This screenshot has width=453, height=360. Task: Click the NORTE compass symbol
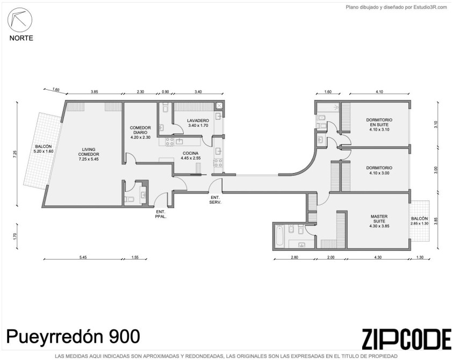point(20,19)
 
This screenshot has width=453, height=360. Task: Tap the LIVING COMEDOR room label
point(89,154)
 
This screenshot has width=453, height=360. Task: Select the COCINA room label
point(190,156)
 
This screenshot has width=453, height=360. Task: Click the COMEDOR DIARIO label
point(140,133)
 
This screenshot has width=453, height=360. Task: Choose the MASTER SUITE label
point(379,221)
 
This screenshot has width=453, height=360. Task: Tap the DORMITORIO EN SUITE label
point(379,125)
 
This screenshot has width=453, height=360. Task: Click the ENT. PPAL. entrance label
point(161,214)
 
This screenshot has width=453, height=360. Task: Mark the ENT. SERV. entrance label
point(215,200)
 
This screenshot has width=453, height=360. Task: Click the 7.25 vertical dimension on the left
point(15,154)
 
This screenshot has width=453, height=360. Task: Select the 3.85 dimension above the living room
point(94,92)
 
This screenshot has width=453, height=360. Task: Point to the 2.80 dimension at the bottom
point(294,257)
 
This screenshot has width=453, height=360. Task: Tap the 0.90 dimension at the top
point(166,92)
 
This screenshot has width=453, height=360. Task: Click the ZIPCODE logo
point(406,339)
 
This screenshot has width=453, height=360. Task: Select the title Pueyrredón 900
point(73,336)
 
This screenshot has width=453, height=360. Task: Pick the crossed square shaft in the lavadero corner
point(220,106)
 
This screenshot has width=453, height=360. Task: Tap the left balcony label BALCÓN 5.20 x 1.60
point(44,149)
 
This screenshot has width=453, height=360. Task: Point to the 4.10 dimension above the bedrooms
point(379,92)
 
